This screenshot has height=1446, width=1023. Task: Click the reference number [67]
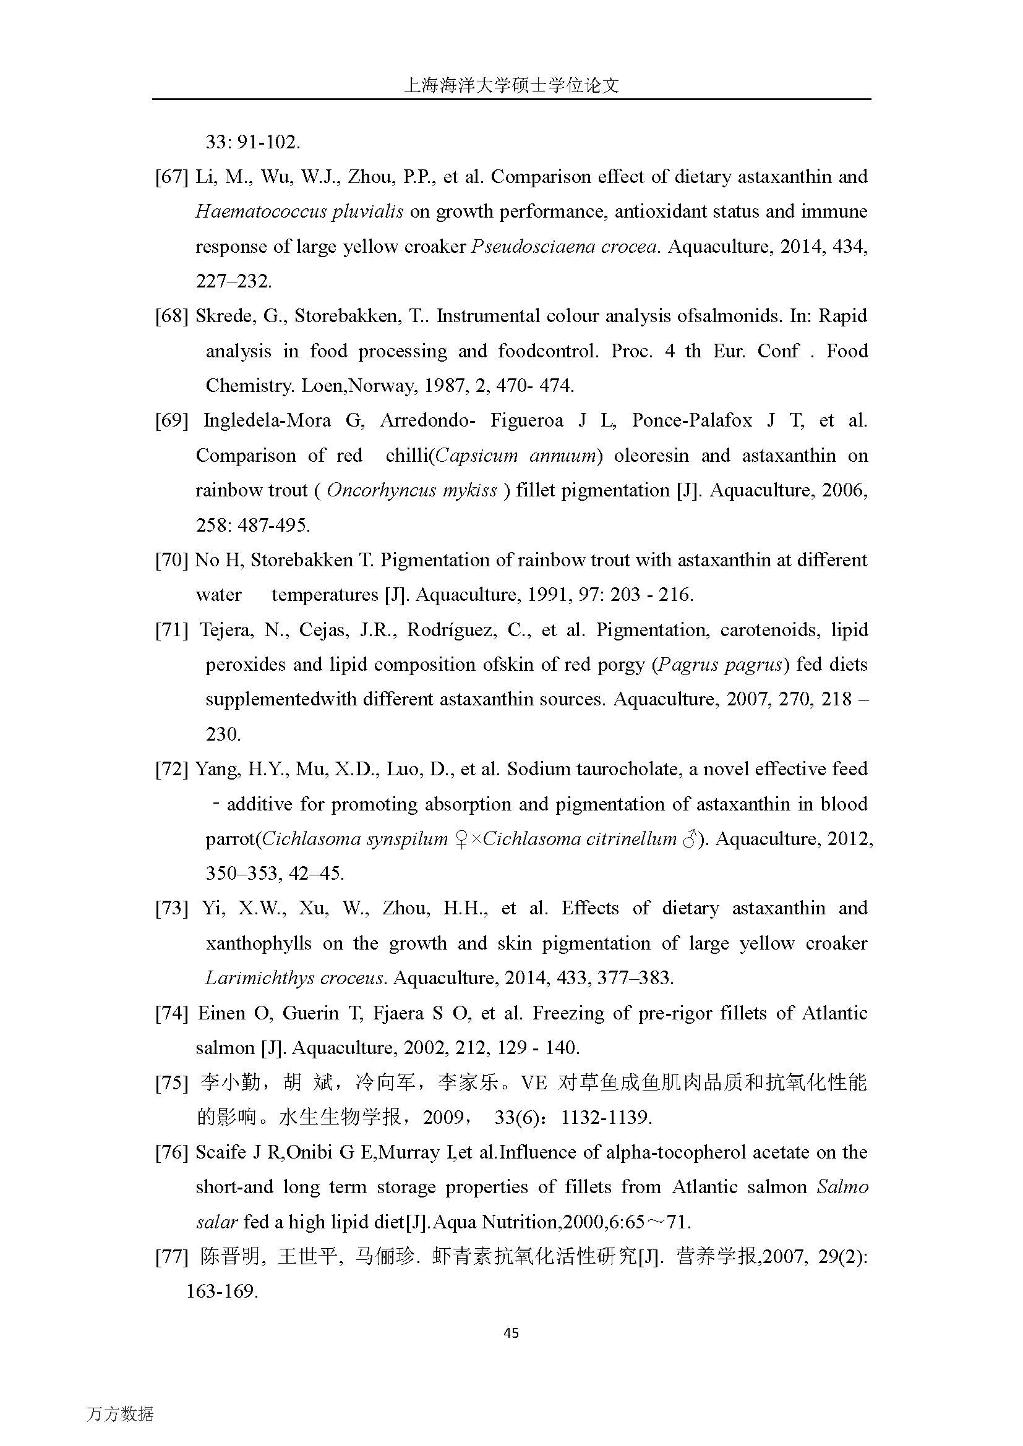[171, 177]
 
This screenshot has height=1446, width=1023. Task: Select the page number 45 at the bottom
[511, 1333]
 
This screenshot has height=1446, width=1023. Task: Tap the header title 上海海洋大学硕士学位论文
[511, 87]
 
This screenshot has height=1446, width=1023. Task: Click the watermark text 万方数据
[120, 1414]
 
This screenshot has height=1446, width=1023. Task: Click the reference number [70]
[171, 560]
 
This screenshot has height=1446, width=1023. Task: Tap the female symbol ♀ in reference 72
[461, 840]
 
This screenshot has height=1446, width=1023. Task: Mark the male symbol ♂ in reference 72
[690, 840]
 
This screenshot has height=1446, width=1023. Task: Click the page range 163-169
[222, 1291]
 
